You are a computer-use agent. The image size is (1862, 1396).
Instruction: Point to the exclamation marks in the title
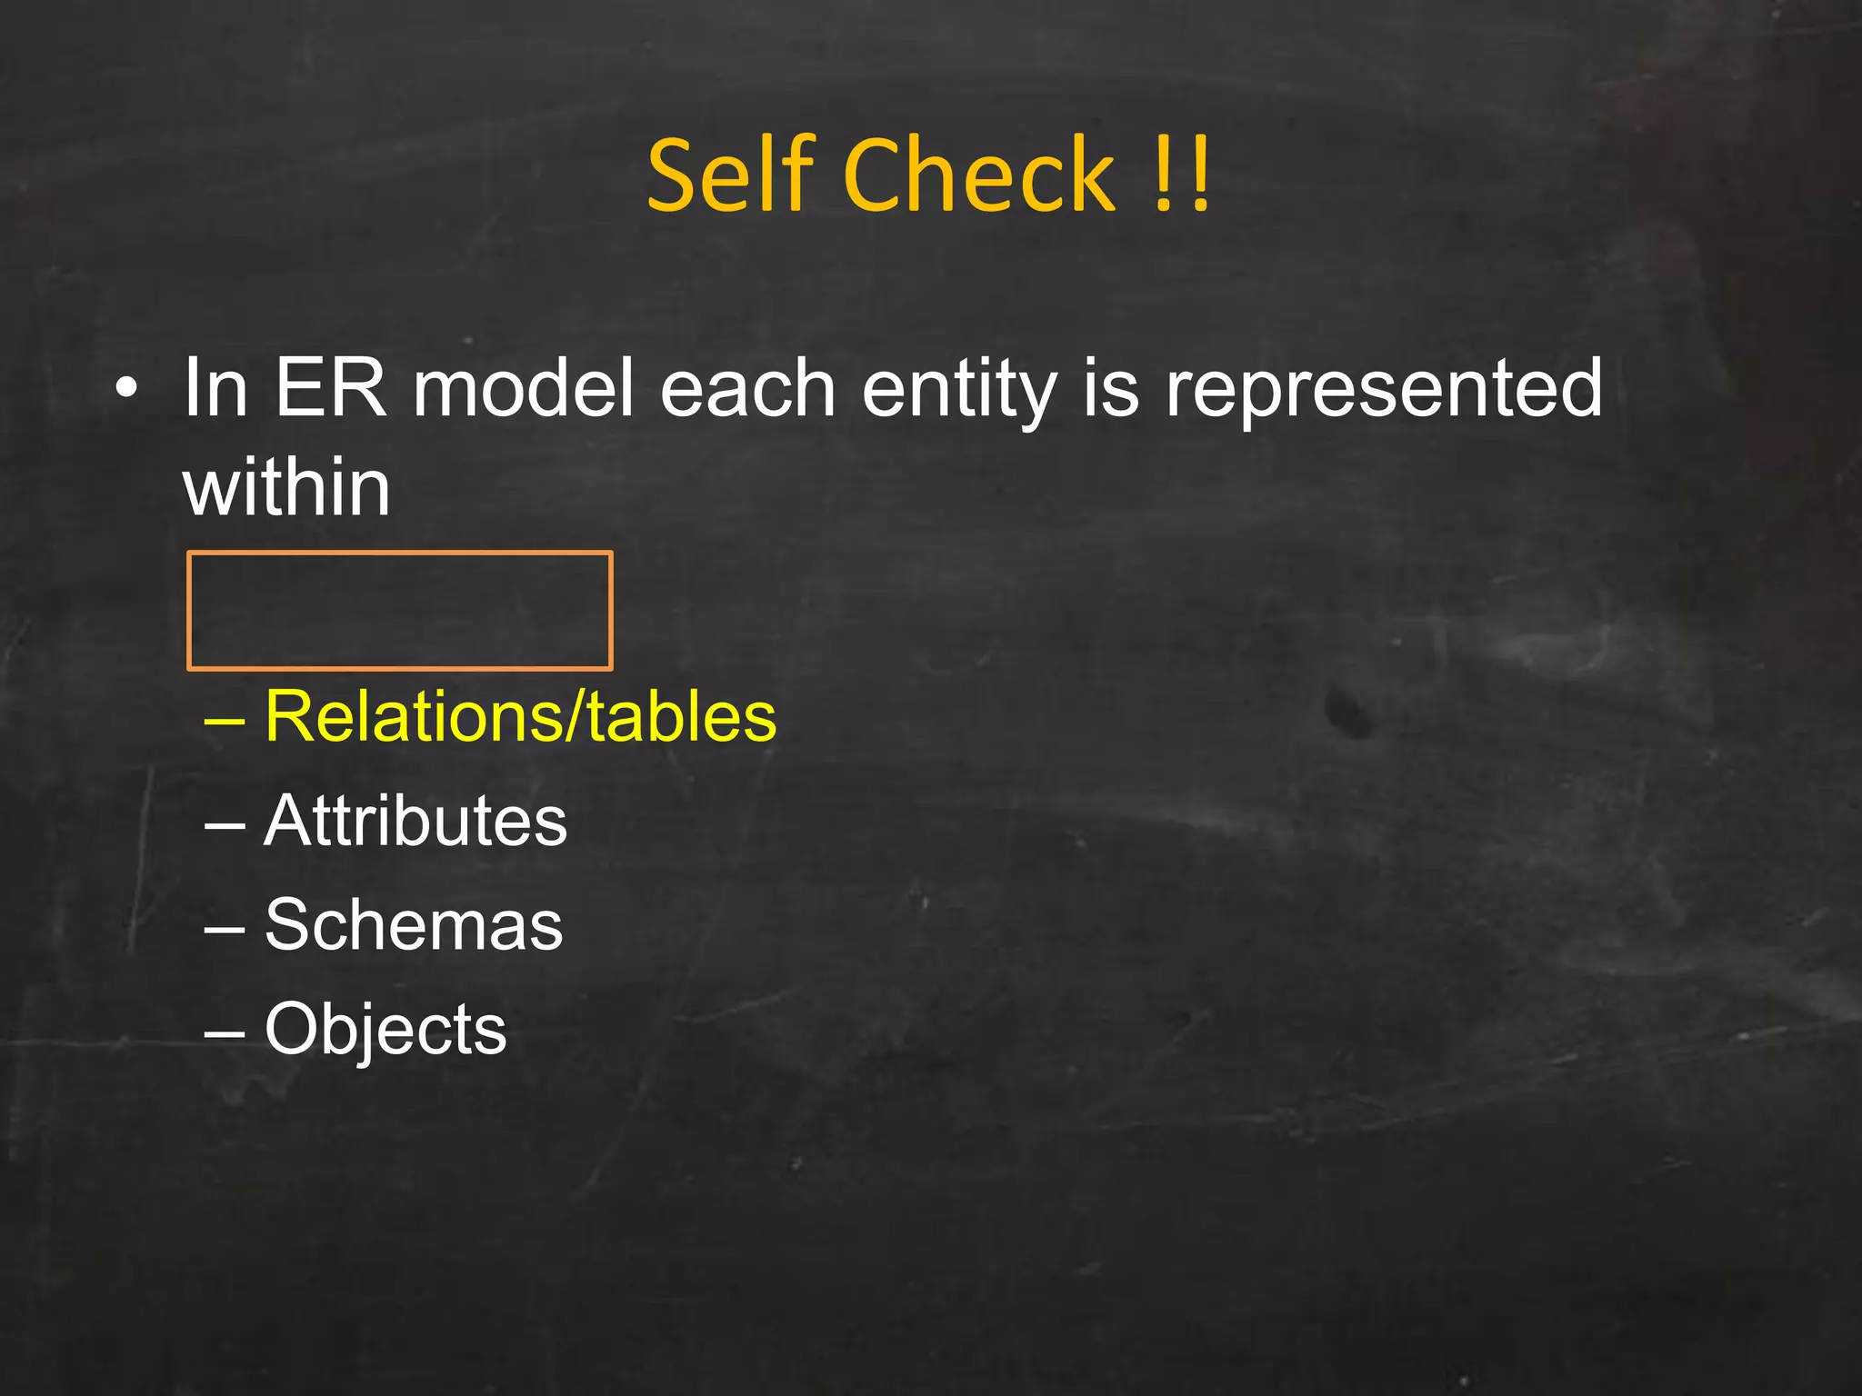tap(1181, 175)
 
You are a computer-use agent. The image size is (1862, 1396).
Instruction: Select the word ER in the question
tap(330, 388)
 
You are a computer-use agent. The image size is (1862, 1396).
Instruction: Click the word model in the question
tap(523, 388)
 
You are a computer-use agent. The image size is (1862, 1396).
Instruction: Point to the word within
tap(287, 488)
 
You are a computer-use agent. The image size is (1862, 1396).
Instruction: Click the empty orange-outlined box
tap(400, 611)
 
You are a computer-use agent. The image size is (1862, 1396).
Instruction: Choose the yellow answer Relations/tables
tap(521, 716)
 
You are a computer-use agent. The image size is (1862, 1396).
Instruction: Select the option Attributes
tap(415, 821)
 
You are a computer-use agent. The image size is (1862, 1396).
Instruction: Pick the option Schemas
tap(414, 924)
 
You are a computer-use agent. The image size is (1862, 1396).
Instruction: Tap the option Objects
tap(385, 1030)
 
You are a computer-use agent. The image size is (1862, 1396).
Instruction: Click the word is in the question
tap(1110, 388)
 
